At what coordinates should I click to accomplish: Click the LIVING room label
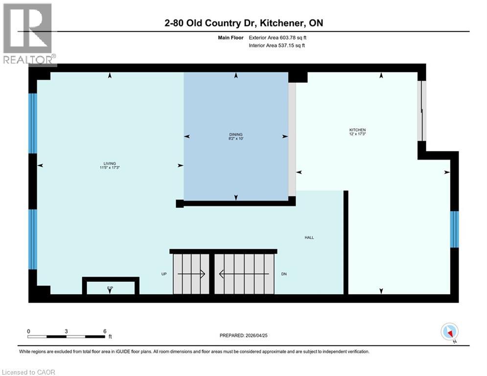tap(110, 164)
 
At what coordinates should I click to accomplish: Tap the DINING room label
tap(236, 134)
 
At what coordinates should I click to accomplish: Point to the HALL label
tap(309, 237)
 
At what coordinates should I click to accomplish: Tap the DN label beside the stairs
tap(283, 274)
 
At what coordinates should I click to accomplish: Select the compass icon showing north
tap(449, 331)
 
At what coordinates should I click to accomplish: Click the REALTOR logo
tap(28, 34)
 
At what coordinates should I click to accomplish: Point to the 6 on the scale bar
tap(105, 331)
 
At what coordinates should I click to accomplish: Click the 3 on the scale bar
tap(66, 331)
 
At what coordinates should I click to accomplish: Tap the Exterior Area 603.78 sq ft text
tap(278, 37)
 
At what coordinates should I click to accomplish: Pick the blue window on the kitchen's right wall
tap(454, 229)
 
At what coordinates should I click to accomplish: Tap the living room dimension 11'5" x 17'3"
tap(110, 168)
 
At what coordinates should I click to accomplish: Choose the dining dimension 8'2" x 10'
tap(236, 139)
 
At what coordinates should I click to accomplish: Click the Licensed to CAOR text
tap(28, 372)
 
